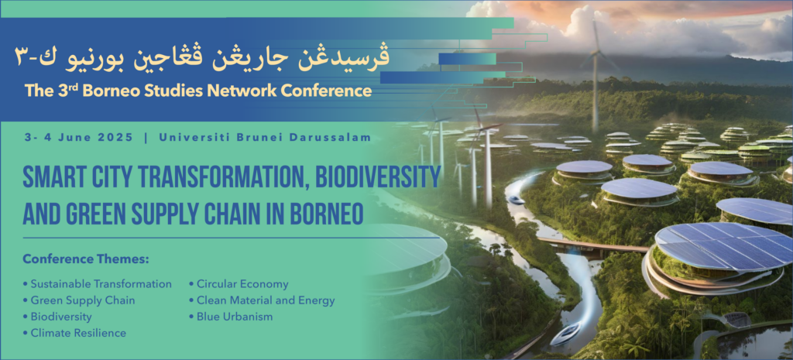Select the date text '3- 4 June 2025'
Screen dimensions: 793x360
click(x=78, y=138)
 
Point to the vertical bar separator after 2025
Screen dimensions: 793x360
click(x=146, y=138)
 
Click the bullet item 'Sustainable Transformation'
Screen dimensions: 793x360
click(x=97, y=284)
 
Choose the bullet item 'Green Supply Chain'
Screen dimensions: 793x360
click(x=79, y=300)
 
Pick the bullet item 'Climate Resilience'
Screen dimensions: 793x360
click(x=74, y=333)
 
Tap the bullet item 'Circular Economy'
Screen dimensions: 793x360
click(x=239, y=284)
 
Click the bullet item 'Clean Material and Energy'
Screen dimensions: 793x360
click(x=262, y=300)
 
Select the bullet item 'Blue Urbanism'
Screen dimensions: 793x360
click(x=231, y=317)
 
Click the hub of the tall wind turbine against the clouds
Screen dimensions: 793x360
click(x=596, y=52)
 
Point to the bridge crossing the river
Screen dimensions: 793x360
click(x=592, y=245)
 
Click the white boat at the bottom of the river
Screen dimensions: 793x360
click(x=565, y=334)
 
